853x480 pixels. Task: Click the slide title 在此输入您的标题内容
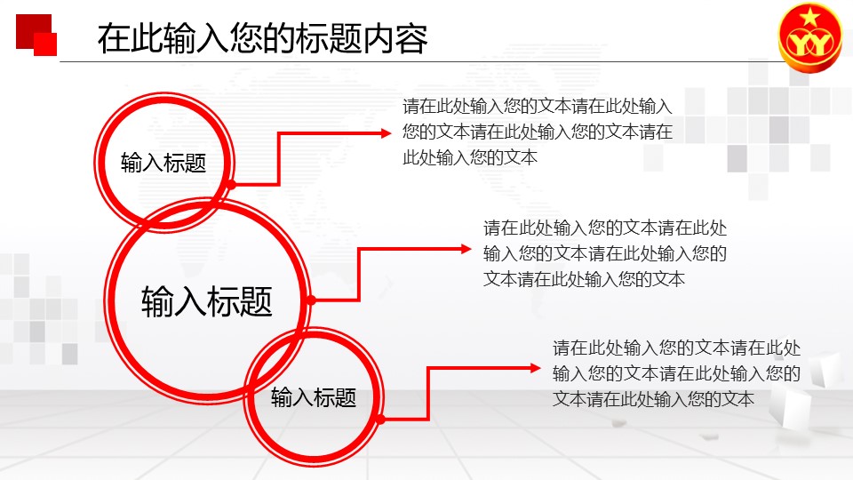263,38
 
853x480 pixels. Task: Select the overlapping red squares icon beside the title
36,35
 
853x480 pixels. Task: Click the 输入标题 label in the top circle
163,163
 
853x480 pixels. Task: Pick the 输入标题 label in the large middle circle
207,301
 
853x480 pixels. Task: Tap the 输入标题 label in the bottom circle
314,397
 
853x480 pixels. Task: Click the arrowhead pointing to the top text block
386,132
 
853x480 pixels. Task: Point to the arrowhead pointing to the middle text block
466,249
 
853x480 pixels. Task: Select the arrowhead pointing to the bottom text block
535,368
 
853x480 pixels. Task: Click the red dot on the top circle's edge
231,185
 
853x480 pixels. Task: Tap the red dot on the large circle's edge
311,300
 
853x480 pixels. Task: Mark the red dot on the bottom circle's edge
381,420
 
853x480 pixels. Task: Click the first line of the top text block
538,106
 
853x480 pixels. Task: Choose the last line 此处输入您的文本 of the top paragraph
470,158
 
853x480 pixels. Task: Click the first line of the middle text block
605,228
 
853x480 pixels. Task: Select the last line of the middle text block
584,279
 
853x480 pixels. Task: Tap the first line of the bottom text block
677,348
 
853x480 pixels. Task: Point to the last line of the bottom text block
653,399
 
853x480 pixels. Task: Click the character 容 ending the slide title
411,38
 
